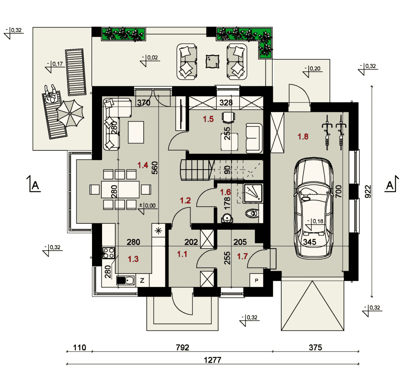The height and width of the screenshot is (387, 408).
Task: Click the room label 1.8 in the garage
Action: click(303, 137)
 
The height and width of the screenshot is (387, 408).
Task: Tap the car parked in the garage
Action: click(314, 208)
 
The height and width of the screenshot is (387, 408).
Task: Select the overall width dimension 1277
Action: click(212, 360)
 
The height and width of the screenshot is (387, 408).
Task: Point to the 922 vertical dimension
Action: click(368, 192)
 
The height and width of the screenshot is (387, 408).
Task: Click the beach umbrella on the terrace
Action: click(70, 113)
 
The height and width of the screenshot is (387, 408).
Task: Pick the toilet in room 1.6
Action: click(252, 213)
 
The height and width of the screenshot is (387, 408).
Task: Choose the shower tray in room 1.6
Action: click(253, 193)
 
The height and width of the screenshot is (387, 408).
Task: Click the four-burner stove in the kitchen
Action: click(108, 253)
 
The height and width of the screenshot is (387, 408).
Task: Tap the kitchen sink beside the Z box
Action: click(126, 280)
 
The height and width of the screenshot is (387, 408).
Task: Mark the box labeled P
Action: click(257, 280)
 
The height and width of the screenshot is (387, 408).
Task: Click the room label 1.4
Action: click(143, 165)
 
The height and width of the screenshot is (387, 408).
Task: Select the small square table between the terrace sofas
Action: click(212, 61)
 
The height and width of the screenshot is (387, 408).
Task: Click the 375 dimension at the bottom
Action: click(316, 348)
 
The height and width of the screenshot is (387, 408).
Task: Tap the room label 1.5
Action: click(208, 119)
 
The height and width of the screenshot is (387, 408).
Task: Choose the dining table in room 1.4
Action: click(120, 190)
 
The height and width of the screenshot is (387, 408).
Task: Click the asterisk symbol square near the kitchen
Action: click(159, 231)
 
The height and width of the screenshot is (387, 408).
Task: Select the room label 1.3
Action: click(133, 259)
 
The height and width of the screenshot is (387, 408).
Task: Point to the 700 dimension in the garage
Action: click(338, 191)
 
